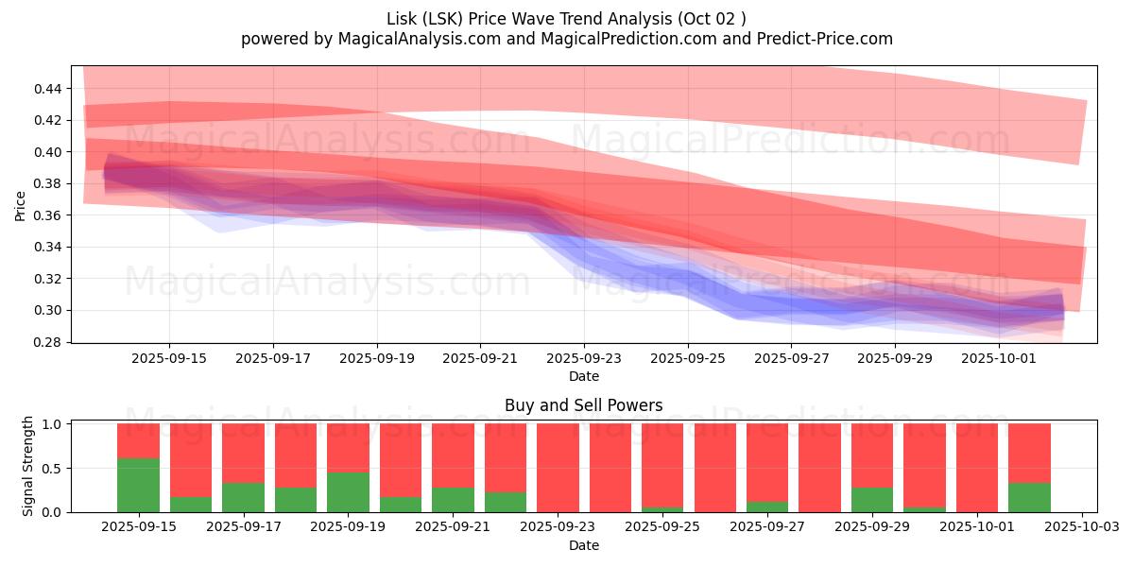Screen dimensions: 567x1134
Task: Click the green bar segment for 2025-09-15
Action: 138,485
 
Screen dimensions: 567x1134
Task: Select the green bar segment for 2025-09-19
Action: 348,491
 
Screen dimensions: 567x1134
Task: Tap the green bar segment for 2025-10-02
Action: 1029,497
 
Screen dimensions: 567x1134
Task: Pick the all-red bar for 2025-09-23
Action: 558,468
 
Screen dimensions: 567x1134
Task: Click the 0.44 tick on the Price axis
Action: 48,89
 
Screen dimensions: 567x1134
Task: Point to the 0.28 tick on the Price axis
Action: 48,342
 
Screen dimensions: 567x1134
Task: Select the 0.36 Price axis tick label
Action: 48,215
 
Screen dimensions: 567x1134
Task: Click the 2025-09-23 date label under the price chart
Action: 584,359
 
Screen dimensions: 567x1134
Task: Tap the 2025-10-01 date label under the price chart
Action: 999,359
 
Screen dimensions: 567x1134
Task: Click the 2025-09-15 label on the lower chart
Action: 138,527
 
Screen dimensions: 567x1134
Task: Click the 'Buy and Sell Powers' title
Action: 583,405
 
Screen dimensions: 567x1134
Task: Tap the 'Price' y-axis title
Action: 21,205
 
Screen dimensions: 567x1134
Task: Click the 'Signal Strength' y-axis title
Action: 28,466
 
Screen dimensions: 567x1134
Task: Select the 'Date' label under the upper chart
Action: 583,376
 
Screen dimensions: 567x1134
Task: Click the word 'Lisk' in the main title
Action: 403,19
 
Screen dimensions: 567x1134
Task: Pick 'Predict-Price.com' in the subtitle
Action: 822,39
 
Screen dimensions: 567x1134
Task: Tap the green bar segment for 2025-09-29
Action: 871,500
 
